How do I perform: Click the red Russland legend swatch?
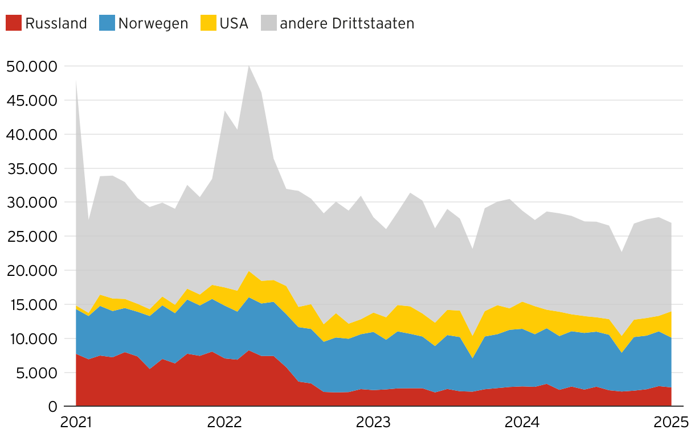coord(14,23)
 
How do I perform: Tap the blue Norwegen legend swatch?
coord(107,23)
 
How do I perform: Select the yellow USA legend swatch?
coord(208,23)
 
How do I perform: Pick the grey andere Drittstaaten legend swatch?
coord(268,23)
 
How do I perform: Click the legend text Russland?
coord(56,23)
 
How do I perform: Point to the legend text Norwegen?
coord(153,23)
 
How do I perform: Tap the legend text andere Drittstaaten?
coord(347,23)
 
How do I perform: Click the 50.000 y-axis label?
coord(32,67)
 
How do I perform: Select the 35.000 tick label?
coord(32,169)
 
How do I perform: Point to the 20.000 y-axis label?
coord(32,271)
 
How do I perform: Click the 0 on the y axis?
coord(53,407)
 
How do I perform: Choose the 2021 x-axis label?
coord(76,423)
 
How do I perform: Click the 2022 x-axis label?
coord(224,423)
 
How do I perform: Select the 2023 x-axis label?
coord(373,423)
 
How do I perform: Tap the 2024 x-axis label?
coord(522,423)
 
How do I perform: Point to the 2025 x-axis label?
coord(671,423)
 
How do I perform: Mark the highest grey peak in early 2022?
coord(249,67)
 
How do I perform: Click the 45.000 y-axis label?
coord(32,101)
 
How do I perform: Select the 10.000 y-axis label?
coord(32,339)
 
